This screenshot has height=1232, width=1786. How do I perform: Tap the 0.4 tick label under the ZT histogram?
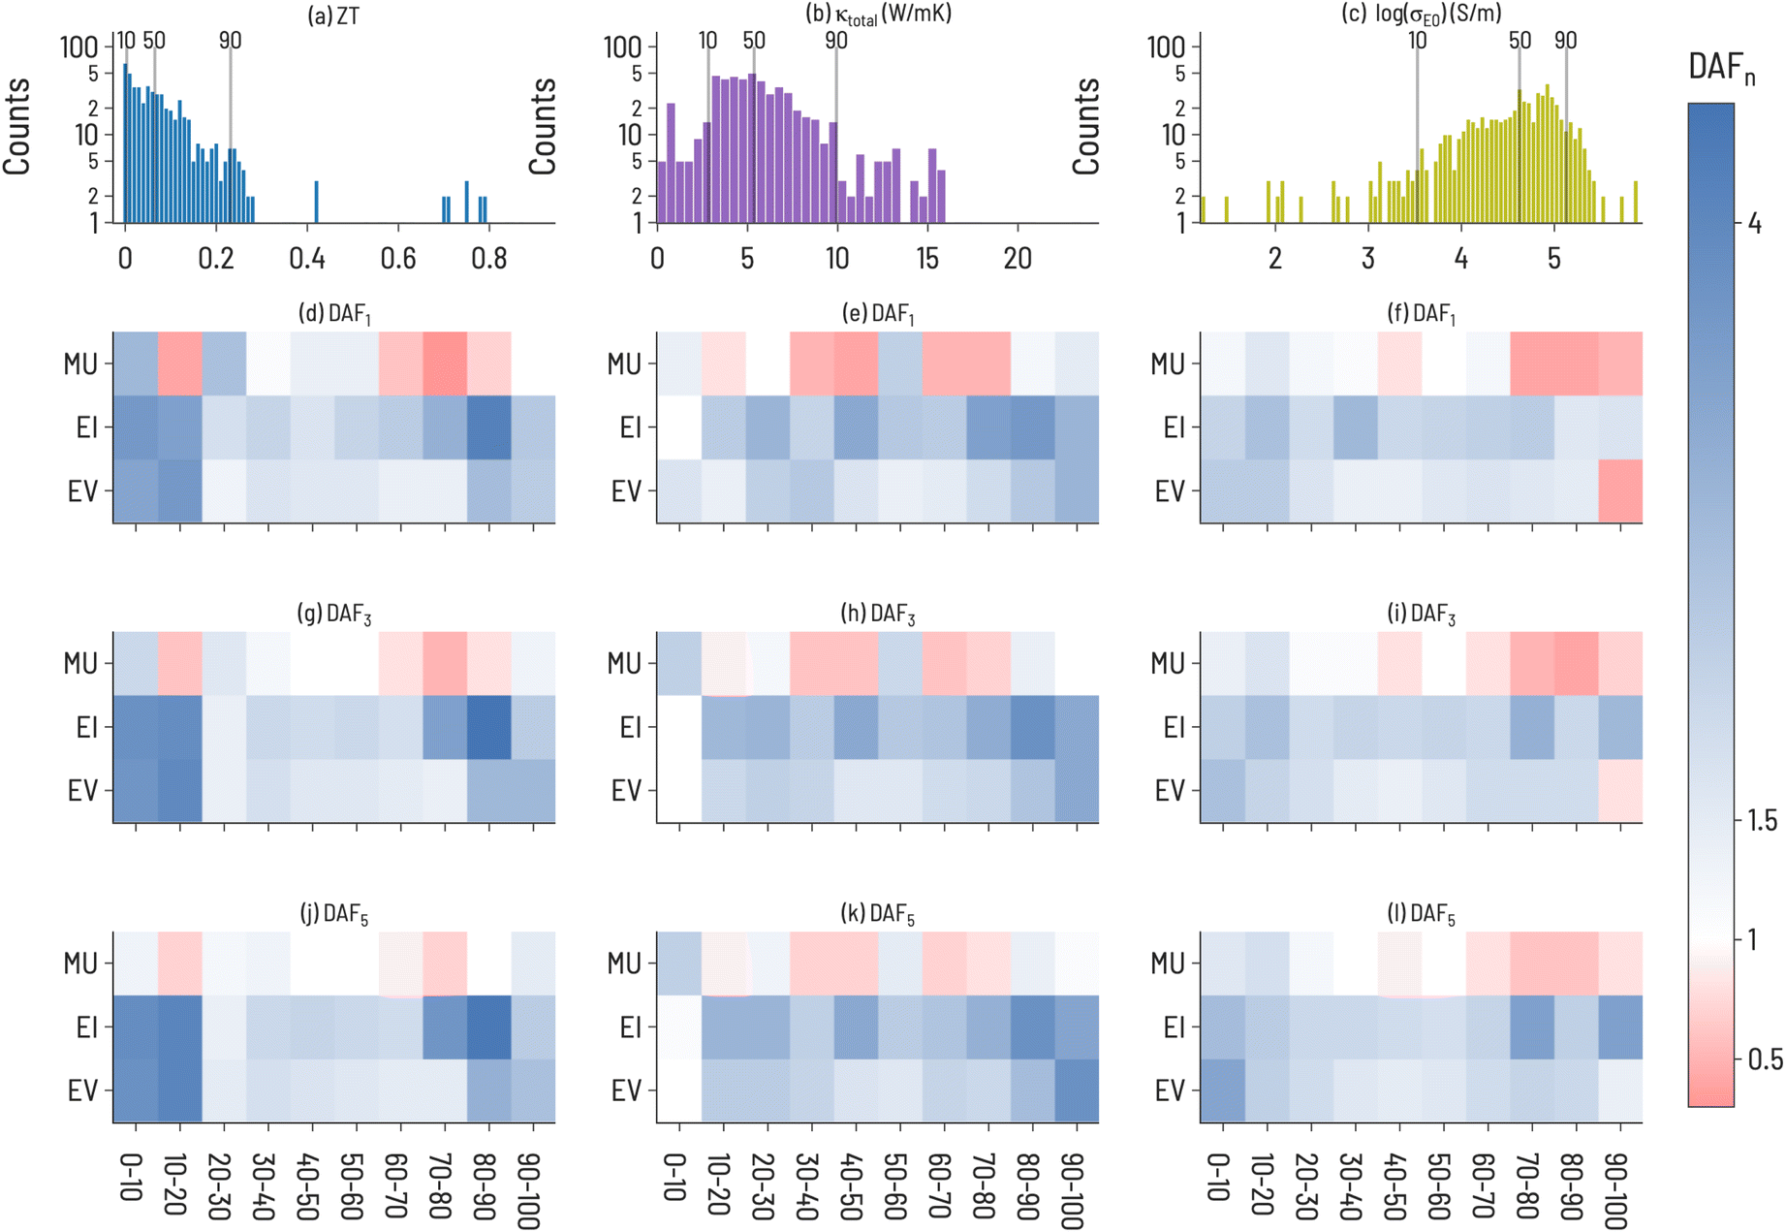307,259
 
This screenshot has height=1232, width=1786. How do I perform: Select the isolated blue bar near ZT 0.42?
316,203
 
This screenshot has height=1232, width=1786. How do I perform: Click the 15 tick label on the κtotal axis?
927,259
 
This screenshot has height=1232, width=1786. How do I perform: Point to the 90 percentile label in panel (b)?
836,41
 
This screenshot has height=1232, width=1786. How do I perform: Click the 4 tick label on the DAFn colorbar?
1754,224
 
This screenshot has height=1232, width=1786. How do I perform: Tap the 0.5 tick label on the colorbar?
1765,1059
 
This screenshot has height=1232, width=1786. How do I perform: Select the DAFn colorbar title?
1720,68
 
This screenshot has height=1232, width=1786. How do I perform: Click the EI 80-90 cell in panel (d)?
488,427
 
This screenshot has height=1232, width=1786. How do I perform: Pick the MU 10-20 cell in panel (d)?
180,363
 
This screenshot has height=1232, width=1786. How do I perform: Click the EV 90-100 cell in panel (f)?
1620,491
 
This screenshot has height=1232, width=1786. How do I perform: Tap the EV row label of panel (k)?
626,1091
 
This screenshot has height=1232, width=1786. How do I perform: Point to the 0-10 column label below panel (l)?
1220,1177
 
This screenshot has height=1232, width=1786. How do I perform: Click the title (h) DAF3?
878,615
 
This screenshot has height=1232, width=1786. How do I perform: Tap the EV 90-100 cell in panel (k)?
1077,1091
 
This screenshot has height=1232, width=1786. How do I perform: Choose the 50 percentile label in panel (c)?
1520,41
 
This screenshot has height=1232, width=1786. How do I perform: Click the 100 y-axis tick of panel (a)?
79,47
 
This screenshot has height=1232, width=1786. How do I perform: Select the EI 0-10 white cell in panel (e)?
678,427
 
